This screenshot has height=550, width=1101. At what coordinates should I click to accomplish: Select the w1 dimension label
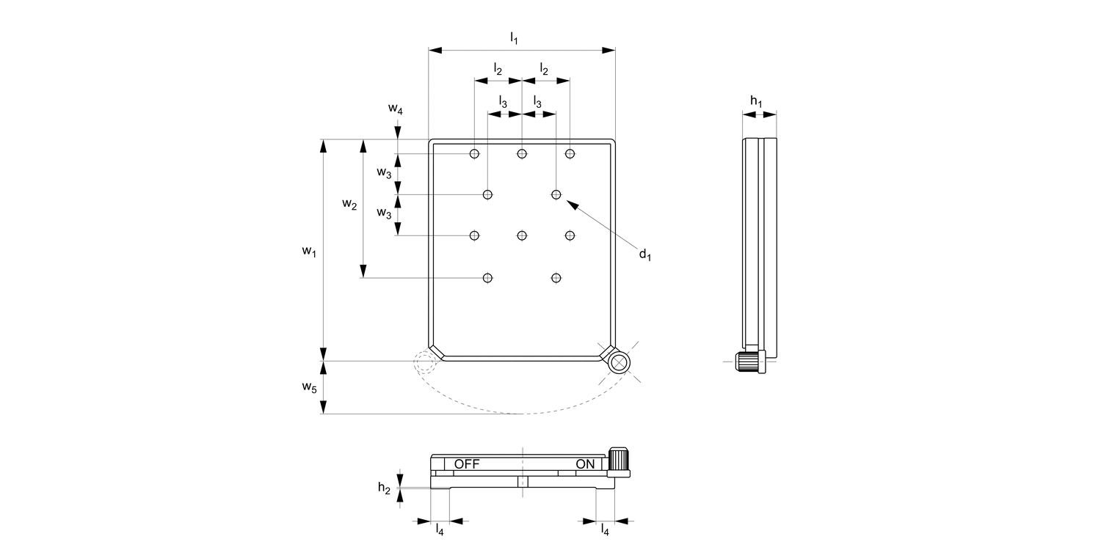click(x=309, y=252)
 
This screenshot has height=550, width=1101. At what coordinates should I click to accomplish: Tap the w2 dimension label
click(x=349, y=205)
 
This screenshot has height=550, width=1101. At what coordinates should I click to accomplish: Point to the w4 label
click(x=396, y=109)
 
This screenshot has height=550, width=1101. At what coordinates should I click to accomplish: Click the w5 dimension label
click(x=309, y=386)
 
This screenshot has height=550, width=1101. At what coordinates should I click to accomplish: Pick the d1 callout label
click(x=644, y=254)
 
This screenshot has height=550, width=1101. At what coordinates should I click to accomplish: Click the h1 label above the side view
click(x=756, y=100)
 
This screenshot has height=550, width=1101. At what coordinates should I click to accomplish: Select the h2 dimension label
click(x=384, y=488)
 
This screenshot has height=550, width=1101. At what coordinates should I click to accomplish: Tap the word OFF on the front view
click(x=467, y=464)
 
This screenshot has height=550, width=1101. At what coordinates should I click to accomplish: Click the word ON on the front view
click(x=585, y=464)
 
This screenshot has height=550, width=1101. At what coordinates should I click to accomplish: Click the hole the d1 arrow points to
click(x=556, y=194)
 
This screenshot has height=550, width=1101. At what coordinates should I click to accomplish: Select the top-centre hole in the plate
click(x=522, y=153)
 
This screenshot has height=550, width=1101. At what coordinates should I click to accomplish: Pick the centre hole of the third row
click(x=522, y=235)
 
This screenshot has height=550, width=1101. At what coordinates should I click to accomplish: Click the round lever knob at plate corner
click(x=619, y=362)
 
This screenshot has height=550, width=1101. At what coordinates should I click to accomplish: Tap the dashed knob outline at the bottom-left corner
click(x=424, y=362)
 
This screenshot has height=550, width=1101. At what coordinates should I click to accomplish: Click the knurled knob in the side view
click(x=749, y=362)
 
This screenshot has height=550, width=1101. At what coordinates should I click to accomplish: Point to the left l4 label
click(x=440, y=529)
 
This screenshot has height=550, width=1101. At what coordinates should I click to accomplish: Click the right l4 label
click(x=605, y=529)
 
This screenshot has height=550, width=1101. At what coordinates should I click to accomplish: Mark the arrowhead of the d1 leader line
click(x=567, y=202)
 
